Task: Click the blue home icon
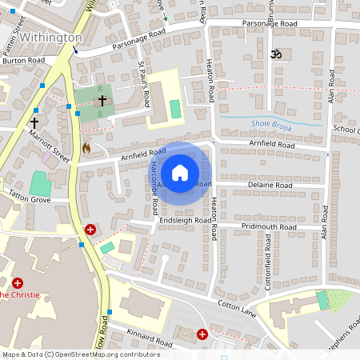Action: point(180,172)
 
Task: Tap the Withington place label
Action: point(50,38)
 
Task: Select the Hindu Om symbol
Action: point(277,54)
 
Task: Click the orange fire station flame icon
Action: point(86,147)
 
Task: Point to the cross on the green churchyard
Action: point(102,101)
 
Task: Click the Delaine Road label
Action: point(270,185)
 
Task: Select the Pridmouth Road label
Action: point(270,227)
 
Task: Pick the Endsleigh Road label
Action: point(184,220)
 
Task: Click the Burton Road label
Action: point(23,60)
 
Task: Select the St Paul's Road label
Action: point(145,83)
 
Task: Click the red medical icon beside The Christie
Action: point(18,282)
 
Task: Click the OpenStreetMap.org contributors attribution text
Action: point(108,354)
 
